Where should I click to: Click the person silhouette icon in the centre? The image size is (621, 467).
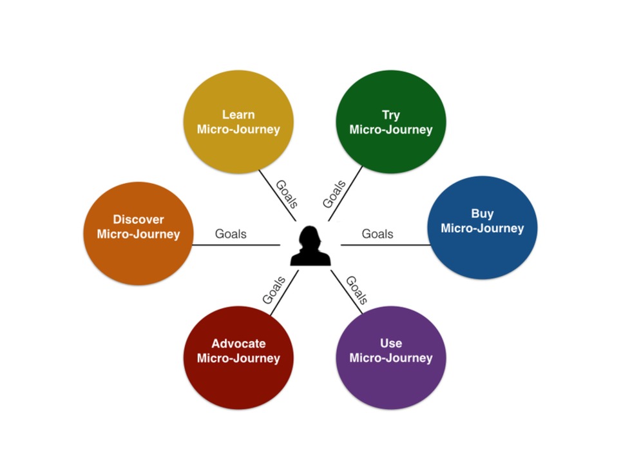coord(310,246)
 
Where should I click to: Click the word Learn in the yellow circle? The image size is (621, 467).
coord(238,115)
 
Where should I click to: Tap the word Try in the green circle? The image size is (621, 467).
coord(390,115)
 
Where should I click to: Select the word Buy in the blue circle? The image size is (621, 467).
coord(482,214)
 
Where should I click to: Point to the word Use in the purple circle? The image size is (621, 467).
coord(390,343)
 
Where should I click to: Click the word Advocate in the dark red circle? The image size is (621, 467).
coord(238,343)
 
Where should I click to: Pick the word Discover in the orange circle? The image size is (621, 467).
coord(139,219)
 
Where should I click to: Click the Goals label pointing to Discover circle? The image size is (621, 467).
coord(231,234)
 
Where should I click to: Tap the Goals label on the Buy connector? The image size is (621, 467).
coord(377,234)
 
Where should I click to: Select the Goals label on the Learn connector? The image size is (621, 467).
coord(286,194)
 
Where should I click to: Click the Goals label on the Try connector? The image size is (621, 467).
coord(334,194)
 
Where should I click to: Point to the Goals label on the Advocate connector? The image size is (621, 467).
coord(274,290)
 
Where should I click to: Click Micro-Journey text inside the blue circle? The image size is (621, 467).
coord(482,228)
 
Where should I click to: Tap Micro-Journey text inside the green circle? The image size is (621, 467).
coord(390,130)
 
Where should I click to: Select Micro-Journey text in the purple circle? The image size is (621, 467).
coord(390,358)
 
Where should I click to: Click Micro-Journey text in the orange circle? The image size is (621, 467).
coord(139,234)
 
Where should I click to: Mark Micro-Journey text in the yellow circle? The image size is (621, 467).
coord(238,130)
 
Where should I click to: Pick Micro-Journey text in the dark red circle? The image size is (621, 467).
coord(238,358)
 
